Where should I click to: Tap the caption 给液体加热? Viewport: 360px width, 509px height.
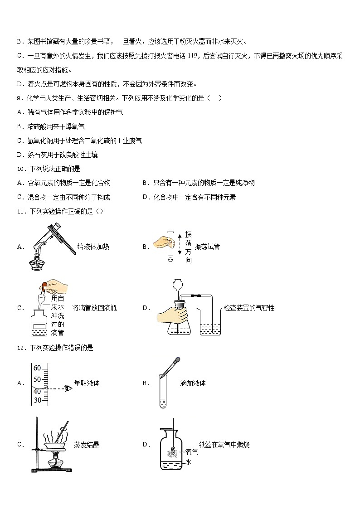pyautogui.click(x=93, y=247)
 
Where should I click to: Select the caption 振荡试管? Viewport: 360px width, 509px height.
pyautogui.click(x=207, y=247)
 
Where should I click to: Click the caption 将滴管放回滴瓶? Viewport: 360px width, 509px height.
pyautogui.click(x=94, y=308)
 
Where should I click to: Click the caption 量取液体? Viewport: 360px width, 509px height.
pyautogui.click(x=87, y=383)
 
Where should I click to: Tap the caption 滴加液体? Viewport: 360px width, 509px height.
pyautogui.click(x=193, y=383)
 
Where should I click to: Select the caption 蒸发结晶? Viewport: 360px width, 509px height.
pyautogui.click(x=87, y=445)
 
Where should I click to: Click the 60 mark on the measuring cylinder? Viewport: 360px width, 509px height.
pyautogui.click(x=37, y=368)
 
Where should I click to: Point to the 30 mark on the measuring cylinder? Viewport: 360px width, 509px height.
pyautogui.click(x=37, y=400)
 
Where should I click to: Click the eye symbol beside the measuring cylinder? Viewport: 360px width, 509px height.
pyautogui.click(x=68, y=388)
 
